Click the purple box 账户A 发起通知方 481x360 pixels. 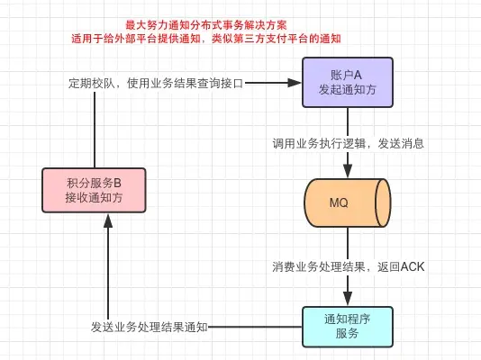pyautogui.click(x=347, y=82)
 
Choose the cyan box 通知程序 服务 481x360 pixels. pyautogui.click(x=347, y=325)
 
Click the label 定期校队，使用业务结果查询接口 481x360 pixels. pyautogui.click(x=157, y=83)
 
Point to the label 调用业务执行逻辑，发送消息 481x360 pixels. pyautogui.click(x=349, y=143)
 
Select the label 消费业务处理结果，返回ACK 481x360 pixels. pyautogui.click(x=349, y=266)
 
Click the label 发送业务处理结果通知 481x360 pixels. pyautogui.click(x=150, y=326)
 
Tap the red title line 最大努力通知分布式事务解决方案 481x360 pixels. pyautogui.click(x=207, y=25)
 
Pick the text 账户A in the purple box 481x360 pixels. pyautogui.click(x=347, y=75)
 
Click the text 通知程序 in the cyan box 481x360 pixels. pyautogui.click(x=347, y=318)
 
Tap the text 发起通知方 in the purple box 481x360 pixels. pyautogui.click(x=347, y=90)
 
